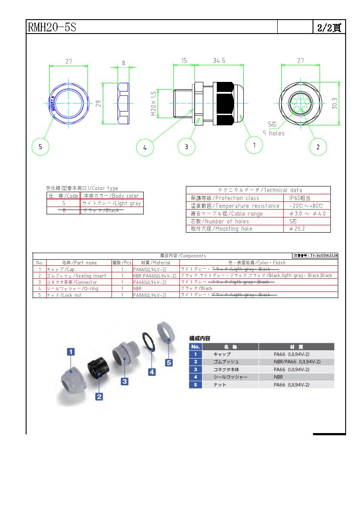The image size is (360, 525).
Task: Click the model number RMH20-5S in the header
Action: (52, 27)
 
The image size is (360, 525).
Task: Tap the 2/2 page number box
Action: (329, 27)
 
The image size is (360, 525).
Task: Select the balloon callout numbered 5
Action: (40, 147)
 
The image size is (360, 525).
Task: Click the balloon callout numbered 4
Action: (145, 147)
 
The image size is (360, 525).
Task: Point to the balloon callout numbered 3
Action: (186, 147)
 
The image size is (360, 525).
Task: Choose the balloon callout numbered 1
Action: (254, 144)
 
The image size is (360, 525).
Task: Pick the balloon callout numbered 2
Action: (318, 147)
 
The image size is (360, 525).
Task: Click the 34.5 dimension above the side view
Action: (219, 61)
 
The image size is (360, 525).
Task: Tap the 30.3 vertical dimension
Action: (334, 103)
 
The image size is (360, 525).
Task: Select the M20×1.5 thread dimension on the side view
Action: (154, 103)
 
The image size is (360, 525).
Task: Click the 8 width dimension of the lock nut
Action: (123, 63)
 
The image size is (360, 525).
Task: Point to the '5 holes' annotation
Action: (273, 133)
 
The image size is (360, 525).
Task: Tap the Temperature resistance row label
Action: (235, 206)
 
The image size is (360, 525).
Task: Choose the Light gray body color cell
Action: (111, 203)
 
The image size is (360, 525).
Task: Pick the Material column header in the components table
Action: (155, 263)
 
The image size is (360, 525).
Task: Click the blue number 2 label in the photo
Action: (99, 396)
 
